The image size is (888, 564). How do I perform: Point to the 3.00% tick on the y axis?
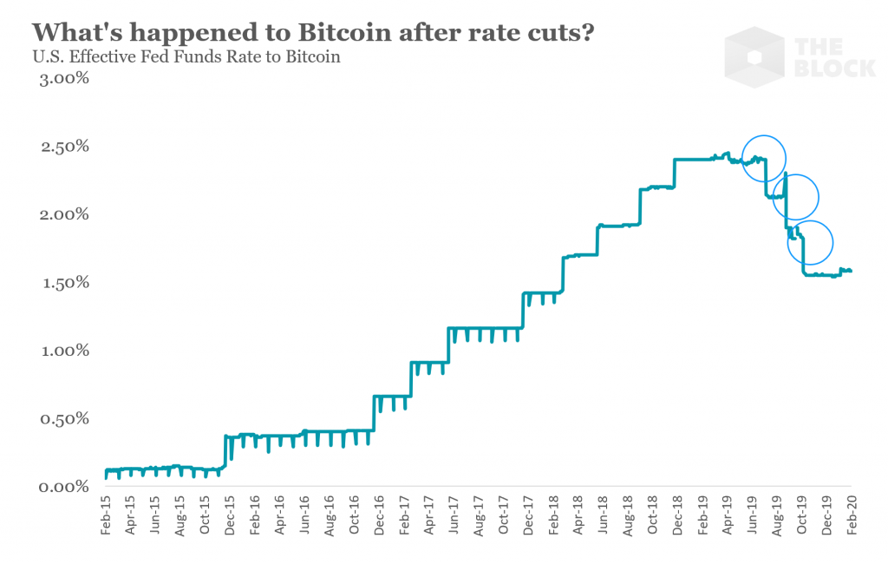(62, 79)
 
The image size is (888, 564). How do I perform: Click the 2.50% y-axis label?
(62, 147)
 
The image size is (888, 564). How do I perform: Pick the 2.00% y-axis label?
(62, 214)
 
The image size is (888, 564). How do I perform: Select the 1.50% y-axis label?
(62, 283)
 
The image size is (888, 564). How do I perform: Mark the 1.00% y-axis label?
(62, 351)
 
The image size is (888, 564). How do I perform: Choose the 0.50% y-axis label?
(62, 419)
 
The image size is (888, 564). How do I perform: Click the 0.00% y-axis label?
(62, 487)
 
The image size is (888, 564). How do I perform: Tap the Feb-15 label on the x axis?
(106, 515)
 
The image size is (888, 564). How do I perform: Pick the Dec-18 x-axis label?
(678, 515)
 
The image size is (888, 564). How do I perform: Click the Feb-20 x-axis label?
(852, 515)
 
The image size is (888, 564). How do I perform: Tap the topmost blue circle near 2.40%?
(764, 159)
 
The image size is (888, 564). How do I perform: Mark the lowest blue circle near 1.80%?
(810, 243)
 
